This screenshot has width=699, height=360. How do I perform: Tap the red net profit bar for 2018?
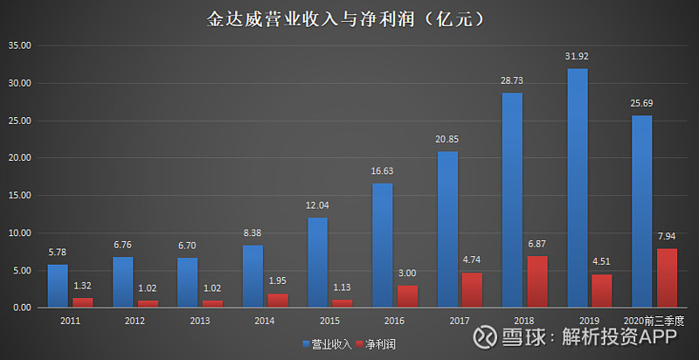pyautogui.click(x=537, y=281)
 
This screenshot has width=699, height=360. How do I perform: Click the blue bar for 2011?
pyautogui.click(x=58, y=286)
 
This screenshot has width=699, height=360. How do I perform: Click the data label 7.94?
pyautogui.click(x=667, y=236)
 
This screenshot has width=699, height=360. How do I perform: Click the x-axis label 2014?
pyautogui.click(x=264, y=322)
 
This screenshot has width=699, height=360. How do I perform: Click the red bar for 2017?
pyautogui.click(x=473, y=289)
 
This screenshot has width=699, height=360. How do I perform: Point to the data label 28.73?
pyautogui.click(x=512, y=80)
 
